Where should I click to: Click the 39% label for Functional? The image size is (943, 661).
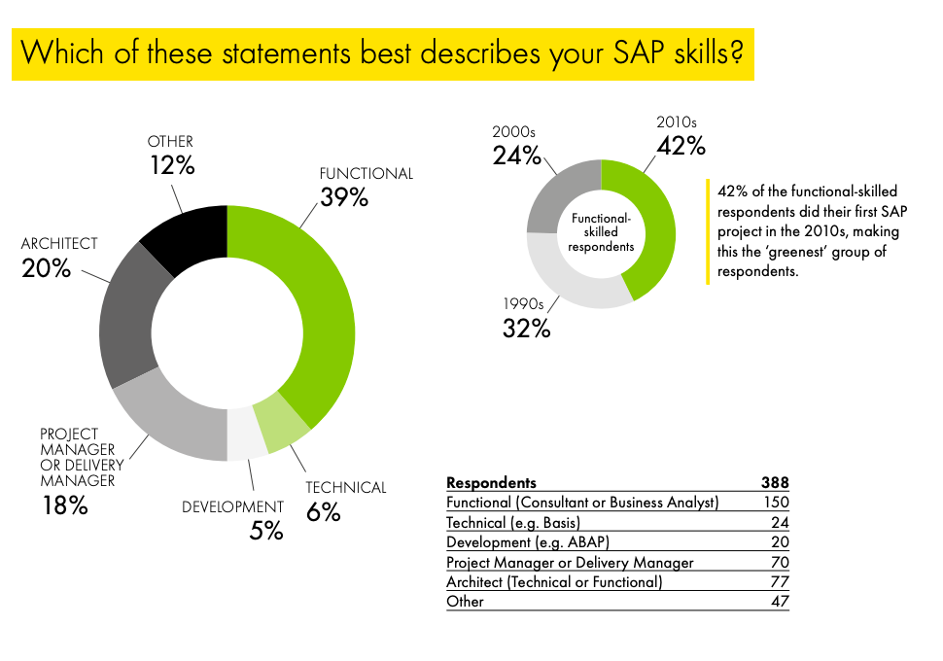pyautogui.click(x=344, y=197)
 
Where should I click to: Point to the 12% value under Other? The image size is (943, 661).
pyautogui.click(x=172, y=165)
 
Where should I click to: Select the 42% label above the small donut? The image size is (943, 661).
pyautogui.click(x=681, y=146)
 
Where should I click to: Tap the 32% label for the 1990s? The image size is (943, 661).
pyautogui.click(x=526, y=329)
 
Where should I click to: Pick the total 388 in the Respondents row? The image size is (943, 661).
pyautogui.click(x=775, y=482)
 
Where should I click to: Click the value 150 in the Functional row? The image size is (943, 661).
pyautogui.click(x=775, y=503)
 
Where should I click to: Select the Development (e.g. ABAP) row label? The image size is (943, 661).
pyautogui.click(x=528, y=542)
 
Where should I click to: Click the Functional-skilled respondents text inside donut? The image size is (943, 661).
pyautogui.click(x=601, y=232)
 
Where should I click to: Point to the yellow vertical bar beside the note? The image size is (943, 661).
pyautogui.click(x=708, y=231)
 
